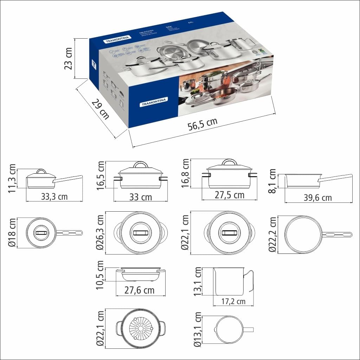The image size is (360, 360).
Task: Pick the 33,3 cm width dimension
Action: point(54,197)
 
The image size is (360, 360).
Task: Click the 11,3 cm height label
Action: point(13,178)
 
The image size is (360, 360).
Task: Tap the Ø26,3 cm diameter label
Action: point(101,232)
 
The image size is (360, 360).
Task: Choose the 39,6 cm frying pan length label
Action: point(317,198)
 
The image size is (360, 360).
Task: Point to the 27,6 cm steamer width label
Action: point(140,290)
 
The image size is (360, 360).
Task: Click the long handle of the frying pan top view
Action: point(337,234)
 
